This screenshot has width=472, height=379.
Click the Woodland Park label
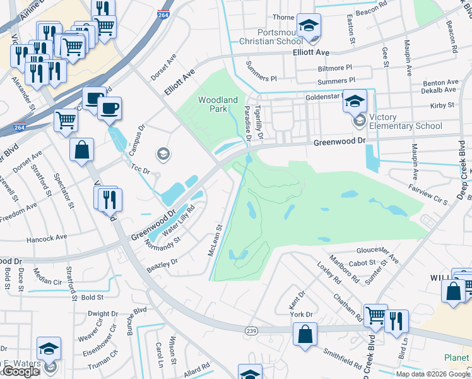[218, 104]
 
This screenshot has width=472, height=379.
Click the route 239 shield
[251, 330]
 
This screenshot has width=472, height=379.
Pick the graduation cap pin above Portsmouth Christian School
[308, 25]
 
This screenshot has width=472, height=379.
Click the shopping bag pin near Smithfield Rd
[305, 335]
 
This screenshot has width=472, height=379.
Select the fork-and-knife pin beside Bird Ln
[396, 320]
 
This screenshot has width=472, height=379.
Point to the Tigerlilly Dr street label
[259, 123]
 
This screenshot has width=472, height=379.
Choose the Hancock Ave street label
[46, 238]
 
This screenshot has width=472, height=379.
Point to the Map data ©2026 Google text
[433, 374]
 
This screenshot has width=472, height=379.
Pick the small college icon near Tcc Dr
[163, 153]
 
